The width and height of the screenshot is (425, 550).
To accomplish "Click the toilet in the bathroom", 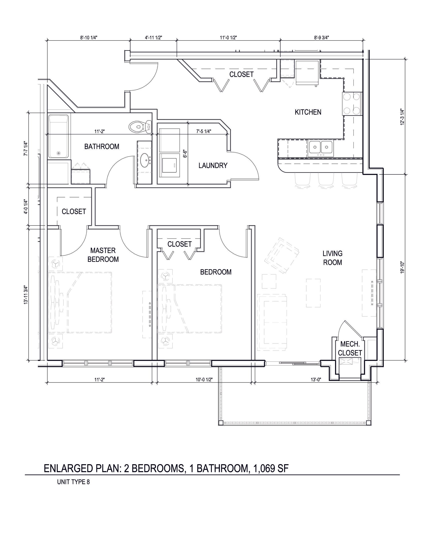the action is pyautogui.click(x=140, y=127).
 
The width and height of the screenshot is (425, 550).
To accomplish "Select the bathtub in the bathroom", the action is pyautogui.click(x=58, y=137).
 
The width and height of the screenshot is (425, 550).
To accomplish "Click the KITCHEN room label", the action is pyautogui.click(x=308, y=112).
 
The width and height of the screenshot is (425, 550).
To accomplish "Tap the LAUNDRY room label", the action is pyautogui.click(x=213, y=166).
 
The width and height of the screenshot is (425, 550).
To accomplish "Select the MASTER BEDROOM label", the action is pyautogui.click(x=103, y=255).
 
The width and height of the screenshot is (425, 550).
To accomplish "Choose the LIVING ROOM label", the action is pyautogui.click(x=332, y=258).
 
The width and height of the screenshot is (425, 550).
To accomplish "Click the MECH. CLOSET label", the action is pyautogui.click(x=350, y=349).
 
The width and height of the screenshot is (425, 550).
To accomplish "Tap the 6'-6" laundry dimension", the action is pyautogui.click(x=185, y=154).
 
